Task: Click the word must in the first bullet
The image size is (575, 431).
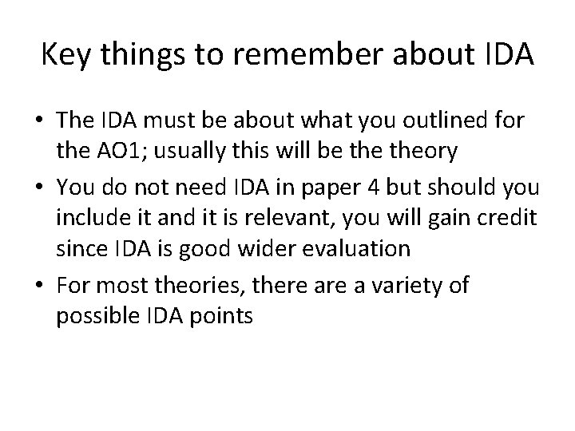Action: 176,123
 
